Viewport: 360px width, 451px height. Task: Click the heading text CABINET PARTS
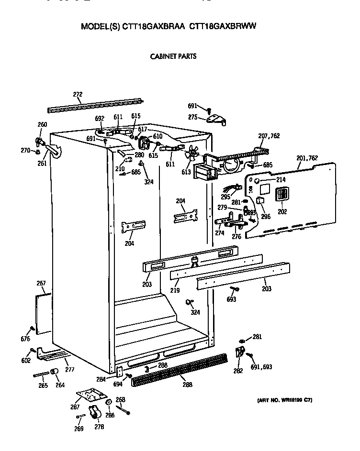pyautogui.click(x=173, y=56)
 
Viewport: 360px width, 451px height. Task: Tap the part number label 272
pyautogui.click(x=77, y=95)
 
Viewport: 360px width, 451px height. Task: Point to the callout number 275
pyautogui.click(x=193, y=117)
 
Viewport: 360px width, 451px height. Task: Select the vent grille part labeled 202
pyautogui.click(x=282, y=195)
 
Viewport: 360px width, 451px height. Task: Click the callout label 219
pyautogui.click(x=175, y=290)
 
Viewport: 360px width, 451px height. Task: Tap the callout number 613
pyautogui.click(x=186, y=172)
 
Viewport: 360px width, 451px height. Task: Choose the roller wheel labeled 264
pyautogui.click(x=55, y=372)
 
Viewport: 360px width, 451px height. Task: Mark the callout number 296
pyautogui.click(x=266, y=216)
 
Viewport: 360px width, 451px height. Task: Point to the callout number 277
pyautogui.click(x=70, y=369)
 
